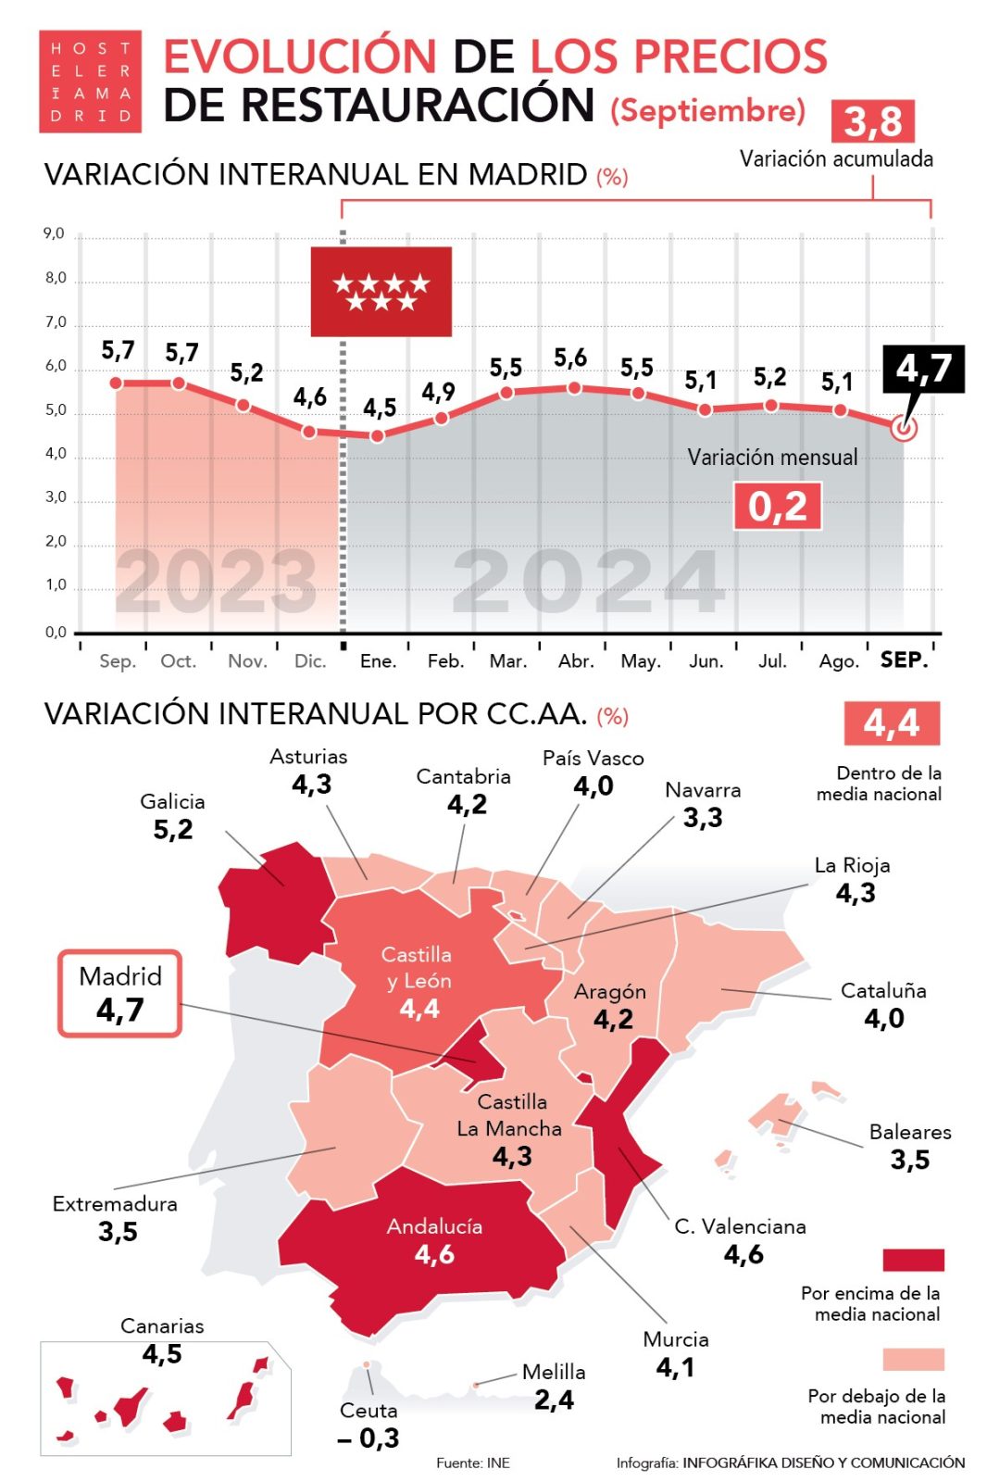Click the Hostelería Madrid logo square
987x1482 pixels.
90,82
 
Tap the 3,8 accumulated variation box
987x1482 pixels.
873,121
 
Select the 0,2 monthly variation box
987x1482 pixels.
778,507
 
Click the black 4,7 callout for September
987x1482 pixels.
923,369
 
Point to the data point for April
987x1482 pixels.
574,388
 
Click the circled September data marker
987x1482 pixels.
904,429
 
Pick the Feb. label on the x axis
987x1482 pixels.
445,661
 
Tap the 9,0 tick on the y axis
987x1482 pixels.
55,234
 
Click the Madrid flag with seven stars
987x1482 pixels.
381,291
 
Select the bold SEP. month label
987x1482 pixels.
904,660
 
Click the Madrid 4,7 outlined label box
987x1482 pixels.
120,993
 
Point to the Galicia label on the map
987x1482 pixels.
172,802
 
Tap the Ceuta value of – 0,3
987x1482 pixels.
369,1438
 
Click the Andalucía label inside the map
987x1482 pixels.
434,1226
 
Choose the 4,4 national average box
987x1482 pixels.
892,723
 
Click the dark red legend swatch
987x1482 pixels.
913,1260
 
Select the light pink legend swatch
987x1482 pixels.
913,1359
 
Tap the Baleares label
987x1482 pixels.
910,1132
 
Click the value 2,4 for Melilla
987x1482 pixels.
554,1400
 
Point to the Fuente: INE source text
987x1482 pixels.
473,1463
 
